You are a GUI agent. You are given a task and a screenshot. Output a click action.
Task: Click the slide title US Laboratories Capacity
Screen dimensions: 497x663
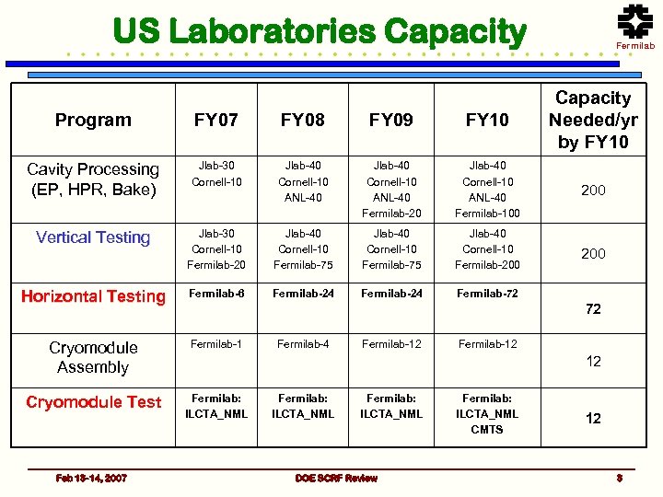[319, 31]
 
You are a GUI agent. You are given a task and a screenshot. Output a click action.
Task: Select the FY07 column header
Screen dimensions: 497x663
[215, 120]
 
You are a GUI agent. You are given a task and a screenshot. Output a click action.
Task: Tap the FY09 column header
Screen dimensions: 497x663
[391, 120]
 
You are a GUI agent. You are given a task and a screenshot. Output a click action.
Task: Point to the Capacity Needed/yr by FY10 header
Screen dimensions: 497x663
[593, 120]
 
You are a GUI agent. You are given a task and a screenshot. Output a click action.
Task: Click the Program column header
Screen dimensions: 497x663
[93, 120]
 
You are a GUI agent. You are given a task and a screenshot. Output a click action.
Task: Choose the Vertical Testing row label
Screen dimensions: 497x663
[93, 237]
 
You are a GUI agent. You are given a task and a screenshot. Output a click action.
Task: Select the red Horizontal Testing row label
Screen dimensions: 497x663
[93, 296]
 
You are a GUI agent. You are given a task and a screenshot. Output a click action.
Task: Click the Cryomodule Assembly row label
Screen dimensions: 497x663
[93, 357]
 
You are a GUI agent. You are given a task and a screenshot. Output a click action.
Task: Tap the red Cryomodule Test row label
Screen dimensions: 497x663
[93, 402]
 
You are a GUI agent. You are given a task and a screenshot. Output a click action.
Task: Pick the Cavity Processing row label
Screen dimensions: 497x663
[93, 179]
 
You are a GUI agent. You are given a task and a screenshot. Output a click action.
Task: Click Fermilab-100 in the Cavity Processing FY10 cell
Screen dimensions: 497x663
[487, 214]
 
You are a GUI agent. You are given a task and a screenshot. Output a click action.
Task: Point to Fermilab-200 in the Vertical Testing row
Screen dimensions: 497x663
[487, 265]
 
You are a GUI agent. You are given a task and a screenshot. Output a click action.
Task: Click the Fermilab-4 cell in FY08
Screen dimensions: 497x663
[304, 344]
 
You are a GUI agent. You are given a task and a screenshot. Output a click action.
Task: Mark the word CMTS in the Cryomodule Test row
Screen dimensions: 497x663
[487, 430]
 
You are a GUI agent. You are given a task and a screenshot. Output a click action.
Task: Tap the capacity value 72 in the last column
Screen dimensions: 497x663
[593, 309]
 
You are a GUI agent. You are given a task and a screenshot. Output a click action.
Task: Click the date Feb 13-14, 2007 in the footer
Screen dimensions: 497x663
[91, 478]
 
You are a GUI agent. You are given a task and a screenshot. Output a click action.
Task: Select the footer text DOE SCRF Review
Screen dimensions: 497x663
[336, 478]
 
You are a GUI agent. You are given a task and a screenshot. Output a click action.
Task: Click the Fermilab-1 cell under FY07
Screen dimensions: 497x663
[215, 344]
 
